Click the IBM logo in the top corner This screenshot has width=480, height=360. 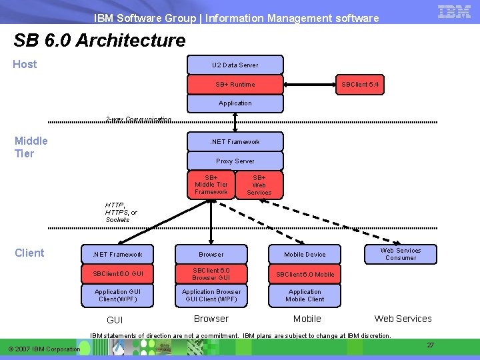pos(455,11)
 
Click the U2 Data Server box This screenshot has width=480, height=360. pos(235,65)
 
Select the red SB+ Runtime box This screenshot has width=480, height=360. pos(235,85)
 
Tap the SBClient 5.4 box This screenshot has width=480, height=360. pos(360,85)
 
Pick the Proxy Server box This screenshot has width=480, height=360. pos(235,161)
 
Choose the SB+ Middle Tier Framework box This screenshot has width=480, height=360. pos(211,185)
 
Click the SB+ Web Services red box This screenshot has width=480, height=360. pos(259,185)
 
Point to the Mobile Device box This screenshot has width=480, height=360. pos(305,254)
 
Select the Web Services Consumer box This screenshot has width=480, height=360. pos(401,254)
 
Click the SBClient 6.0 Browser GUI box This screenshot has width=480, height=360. pos(211,274)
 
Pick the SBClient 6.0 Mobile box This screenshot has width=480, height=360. pos(305,274)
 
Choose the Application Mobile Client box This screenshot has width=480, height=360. pos(305,295)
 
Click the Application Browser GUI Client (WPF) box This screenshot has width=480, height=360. pos(211,295)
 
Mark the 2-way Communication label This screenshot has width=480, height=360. pos(139,119)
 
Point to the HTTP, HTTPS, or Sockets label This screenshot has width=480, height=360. pos(121,213)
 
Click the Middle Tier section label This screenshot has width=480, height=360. pos(31,147)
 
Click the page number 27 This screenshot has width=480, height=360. pos(431,345)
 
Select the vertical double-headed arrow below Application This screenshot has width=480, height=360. pos(235,123)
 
